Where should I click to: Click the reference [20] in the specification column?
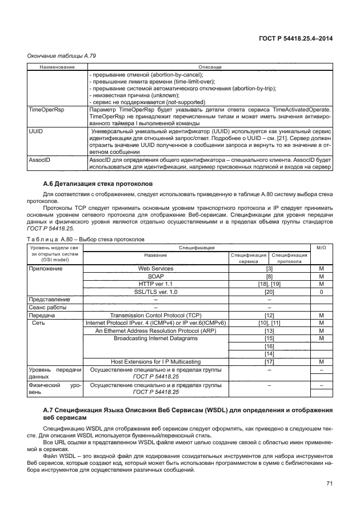coord(269,292)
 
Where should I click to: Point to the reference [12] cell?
coord(269,315)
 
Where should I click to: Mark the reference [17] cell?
coord(269,361)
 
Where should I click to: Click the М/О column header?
coord(321,248)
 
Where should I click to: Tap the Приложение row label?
coord(46,268)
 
